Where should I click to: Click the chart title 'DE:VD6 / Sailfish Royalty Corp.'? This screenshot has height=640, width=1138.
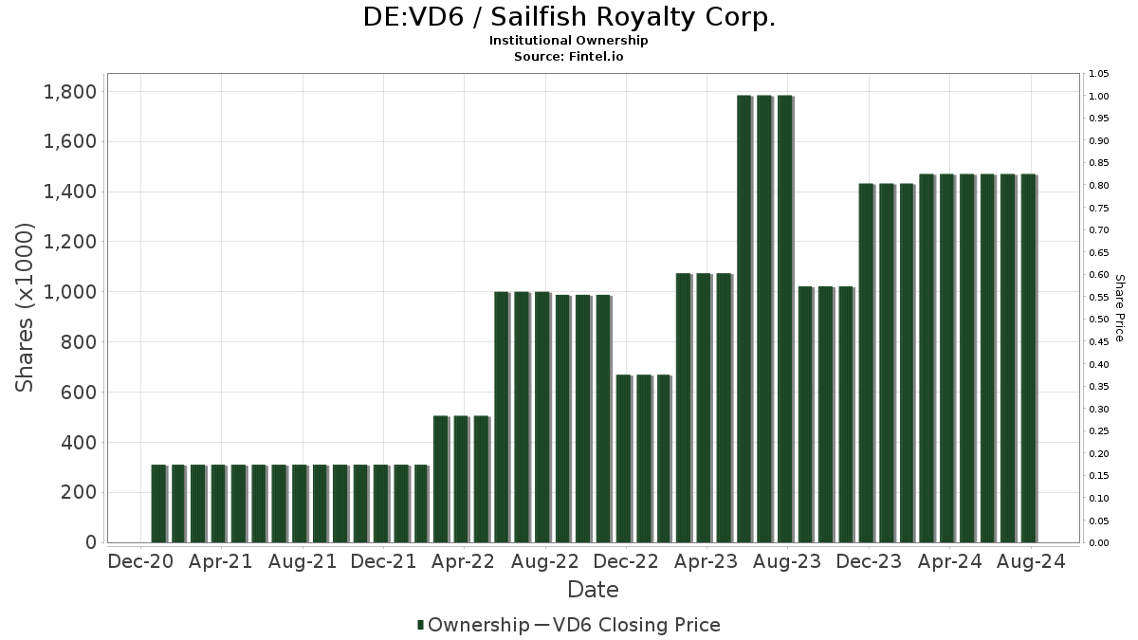click(569, 17)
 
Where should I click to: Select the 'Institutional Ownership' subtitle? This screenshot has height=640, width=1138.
click(569, 41)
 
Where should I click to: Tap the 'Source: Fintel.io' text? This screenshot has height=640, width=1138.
click(569, 56)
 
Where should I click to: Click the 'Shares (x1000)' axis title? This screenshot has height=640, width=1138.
click(26, 308)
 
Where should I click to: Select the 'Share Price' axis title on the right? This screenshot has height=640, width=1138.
click(1119, 308)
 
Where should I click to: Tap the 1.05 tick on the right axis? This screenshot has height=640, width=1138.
click(1099, 74)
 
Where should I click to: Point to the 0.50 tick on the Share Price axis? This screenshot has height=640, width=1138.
click(1099, 320)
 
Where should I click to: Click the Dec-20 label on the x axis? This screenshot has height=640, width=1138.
click(140, 561)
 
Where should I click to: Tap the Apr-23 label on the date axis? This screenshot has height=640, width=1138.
click(706, 561)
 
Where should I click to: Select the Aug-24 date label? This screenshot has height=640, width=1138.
click(1030, 561)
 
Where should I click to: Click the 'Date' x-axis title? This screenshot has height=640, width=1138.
click(593, 590)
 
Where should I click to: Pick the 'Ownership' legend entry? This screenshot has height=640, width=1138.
click(473, 625)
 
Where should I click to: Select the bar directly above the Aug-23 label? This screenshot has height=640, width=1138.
click(785, 319)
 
